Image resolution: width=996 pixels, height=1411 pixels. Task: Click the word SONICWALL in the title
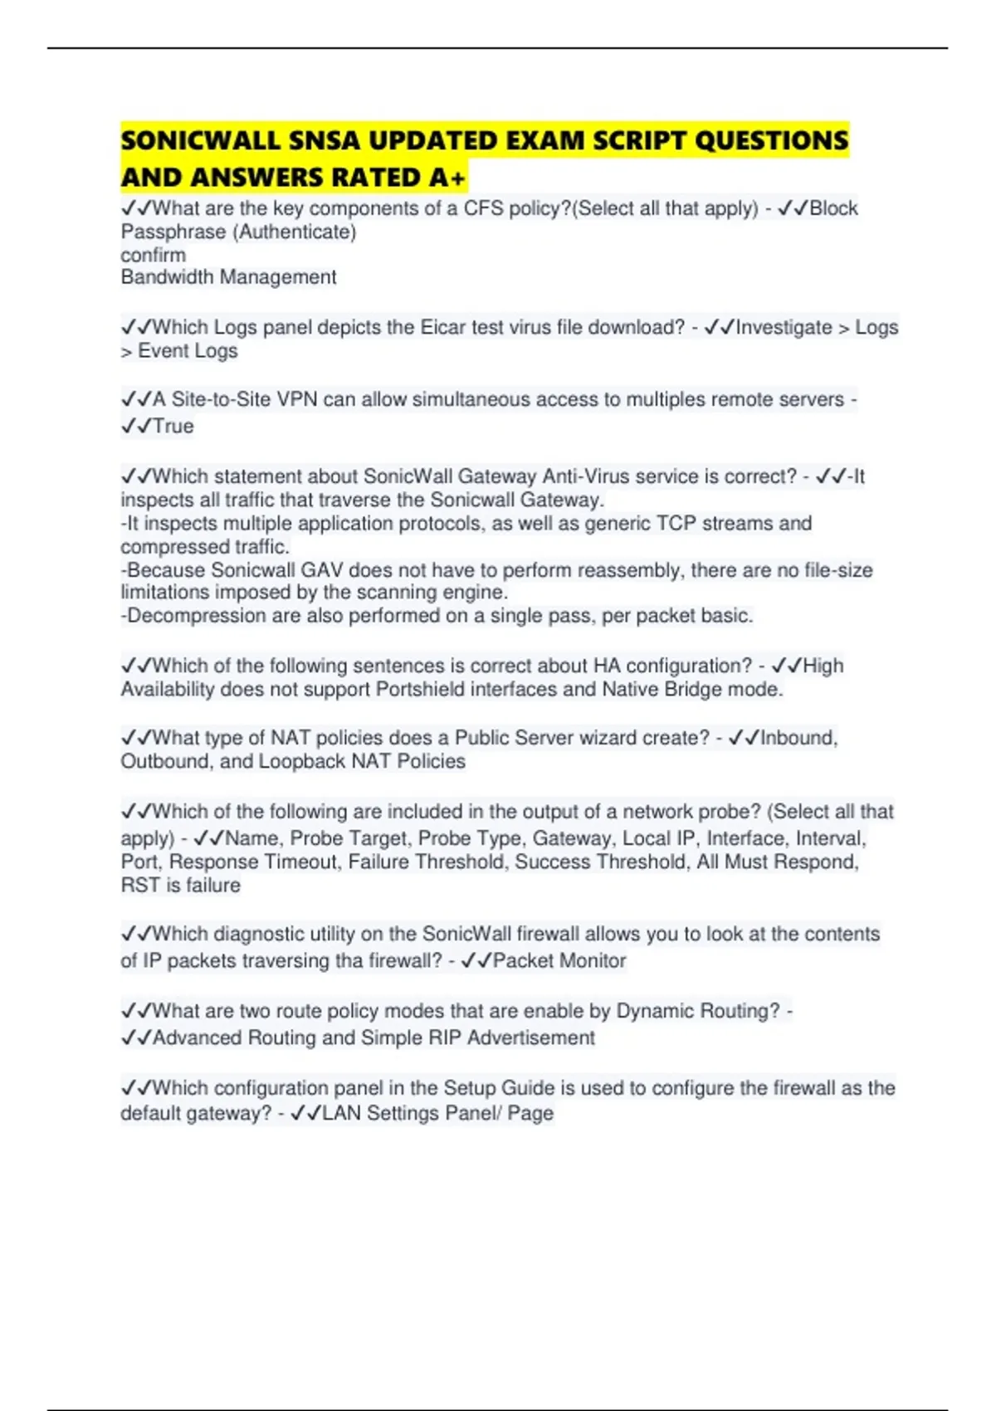pyautogui.click(x=200, y=140)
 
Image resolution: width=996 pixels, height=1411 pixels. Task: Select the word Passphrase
pyautogui.click(x=173, y=232)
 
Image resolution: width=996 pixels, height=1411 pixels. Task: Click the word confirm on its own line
pyautogui.click(x=153, y=255)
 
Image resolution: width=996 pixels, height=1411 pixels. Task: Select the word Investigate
pyautogui.click(x=784, y=328)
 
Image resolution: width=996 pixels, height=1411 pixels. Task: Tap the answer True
pyautogui.click(x=173, y=427)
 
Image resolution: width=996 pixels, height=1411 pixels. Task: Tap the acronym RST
pyautogui.click(x=139, y=886)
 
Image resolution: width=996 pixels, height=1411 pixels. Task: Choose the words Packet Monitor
pyautogui.click(x=559, y=961)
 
